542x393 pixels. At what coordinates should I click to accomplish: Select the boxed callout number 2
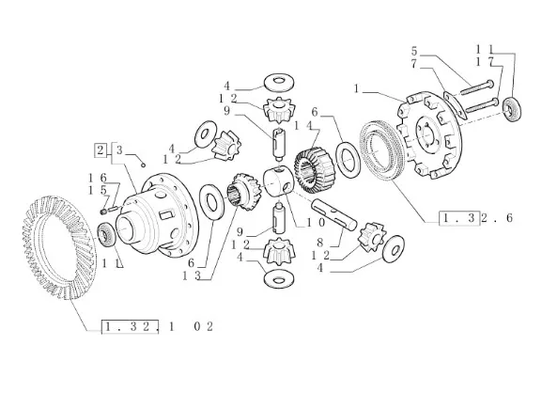(101, 150)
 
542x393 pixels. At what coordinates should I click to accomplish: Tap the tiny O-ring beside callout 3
(143, 165)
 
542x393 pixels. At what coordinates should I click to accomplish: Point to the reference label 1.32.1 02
(157, 326)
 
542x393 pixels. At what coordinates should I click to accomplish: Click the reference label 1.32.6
(476, 218)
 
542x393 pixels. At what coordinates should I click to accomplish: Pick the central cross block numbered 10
(279, 181)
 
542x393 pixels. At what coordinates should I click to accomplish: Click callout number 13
(191, 275)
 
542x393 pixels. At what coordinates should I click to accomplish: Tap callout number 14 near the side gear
(303, 126)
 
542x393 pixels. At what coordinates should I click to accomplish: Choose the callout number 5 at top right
(414, 51)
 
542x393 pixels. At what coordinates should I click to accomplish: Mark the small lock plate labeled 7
(452, 105)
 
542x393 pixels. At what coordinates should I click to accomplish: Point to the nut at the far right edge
(512, 110)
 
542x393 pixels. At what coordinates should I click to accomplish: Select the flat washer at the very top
(279, 83)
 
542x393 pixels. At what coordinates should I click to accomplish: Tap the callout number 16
(98, 178)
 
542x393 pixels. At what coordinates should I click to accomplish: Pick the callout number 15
(97, 190)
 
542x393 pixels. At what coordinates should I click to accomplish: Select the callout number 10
(316, 223)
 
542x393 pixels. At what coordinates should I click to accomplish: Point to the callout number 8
(319, 243)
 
